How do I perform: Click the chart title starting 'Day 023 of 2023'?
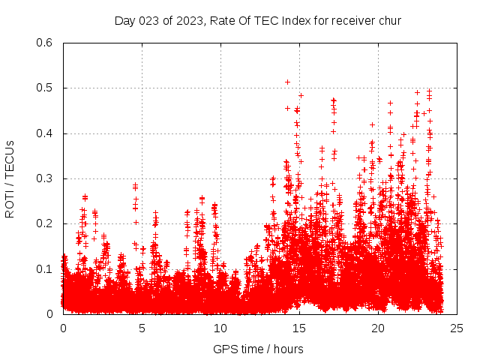click(257, 20)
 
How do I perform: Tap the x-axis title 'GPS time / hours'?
click(258, 349)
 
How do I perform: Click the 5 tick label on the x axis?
click(142, 328)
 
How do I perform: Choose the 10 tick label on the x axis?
click(220, 328)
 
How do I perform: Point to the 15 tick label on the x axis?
click(299, 328)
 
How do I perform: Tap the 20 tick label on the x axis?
click(378, 328)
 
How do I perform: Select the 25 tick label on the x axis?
click(457, 328)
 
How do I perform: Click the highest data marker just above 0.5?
click(287, 82)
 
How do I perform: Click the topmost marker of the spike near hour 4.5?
click(136, 184)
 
